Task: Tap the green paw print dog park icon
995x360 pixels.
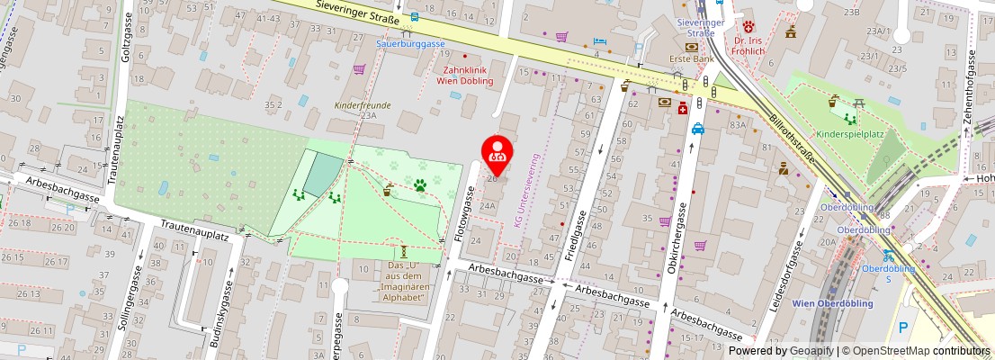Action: pos(419,185)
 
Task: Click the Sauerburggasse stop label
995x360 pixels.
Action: pos(410,43)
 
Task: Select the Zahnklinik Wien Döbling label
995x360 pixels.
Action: pos(464,75)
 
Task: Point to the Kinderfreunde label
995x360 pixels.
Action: pos(363,105)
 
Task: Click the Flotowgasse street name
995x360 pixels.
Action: pos(463,211)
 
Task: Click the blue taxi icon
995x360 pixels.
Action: pos(698,129)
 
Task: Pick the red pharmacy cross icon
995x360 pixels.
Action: pos(683,108)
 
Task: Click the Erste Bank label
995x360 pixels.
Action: pos(691,59)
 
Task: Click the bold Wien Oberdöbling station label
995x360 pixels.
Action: pos(832,303)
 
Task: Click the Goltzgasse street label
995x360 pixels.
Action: pos(127,39)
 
